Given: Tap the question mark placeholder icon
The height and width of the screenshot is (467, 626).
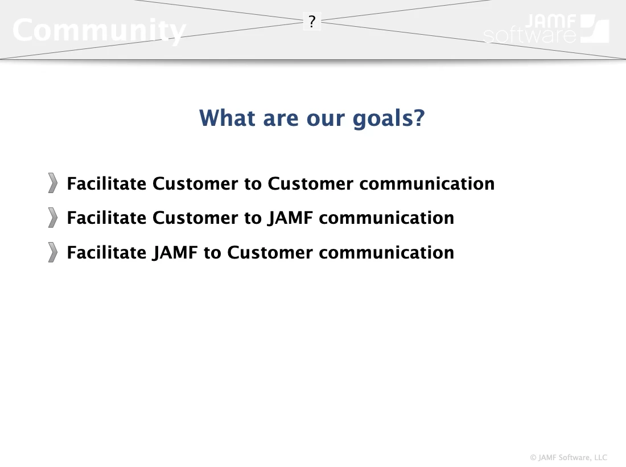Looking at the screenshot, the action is (x=312, y=21).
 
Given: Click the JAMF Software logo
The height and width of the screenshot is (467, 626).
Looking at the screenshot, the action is (x=546, y=28).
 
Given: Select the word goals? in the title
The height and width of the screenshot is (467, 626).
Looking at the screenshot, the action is (x=389, y=118).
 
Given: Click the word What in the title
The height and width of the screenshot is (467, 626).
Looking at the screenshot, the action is (x=227, y=118).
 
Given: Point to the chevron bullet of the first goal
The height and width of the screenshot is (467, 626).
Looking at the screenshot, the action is (x=53, y=183).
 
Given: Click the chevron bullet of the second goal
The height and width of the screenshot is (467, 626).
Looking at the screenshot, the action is (x=53, y=218).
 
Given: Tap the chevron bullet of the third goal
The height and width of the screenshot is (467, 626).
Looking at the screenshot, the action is (x=53, y=252).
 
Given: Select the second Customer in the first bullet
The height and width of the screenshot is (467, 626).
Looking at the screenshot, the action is (x=310, y=184).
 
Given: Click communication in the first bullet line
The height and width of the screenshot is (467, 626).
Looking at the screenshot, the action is (x=427, y=184).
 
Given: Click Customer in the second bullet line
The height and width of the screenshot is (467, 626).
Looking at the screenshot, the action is (x=195, y=218).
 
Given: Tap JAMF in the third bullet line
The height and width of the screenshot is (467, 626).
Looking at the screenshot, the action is (x=175, y=253).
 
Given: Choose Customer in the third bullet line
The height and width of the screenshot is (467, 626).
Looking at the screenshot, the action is (x=270, y=253).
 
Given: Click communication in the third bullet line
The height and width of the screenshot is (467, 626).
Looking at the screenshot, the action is (x=386, y=253).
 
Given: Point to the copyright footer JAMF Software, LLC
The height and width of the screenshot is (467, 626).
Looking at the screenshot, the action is (x=569, y=457).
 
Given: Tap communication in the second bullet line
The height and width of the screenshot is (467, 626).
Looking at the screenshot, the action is (x=386, y=218).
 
